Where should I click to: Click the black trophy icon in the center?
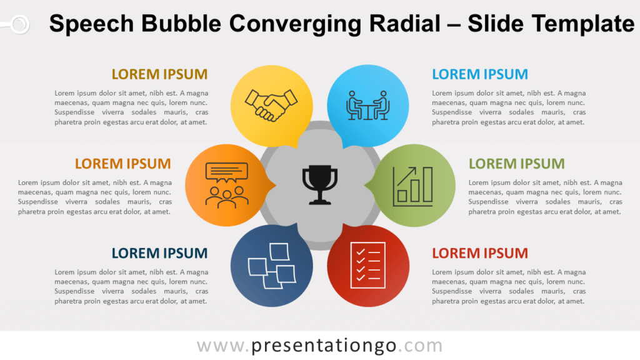[320, 184]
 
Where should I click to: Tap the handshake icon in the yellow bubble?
[271, 105]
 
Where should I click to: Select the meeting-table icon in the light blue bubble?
[367, 105]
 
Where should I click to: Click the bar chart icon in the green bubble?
[412, 186]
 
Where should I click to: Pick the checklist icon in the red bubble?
[367, 265]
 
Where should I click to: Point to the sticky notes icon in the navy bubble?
[272, 266]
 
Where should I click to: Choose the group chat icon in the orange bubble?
[226, 185]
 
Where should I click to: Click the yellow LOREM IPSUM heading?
[159, 74]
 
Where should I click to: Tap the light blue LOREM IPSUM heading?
[480, 74]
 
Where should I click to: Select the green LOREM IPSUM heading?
[517, 164]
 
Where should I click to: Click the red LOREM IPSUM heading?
[480, 253]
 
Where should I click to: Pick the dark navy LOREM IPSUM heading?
[159, 253]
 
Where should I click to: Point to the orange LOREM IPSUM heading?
[123, 164]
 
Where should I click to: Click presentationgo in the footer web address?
[324, 346]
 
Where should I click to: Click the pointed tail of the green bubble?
[364, 186]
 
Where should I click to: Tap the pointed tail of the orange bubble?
[276, 186]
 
